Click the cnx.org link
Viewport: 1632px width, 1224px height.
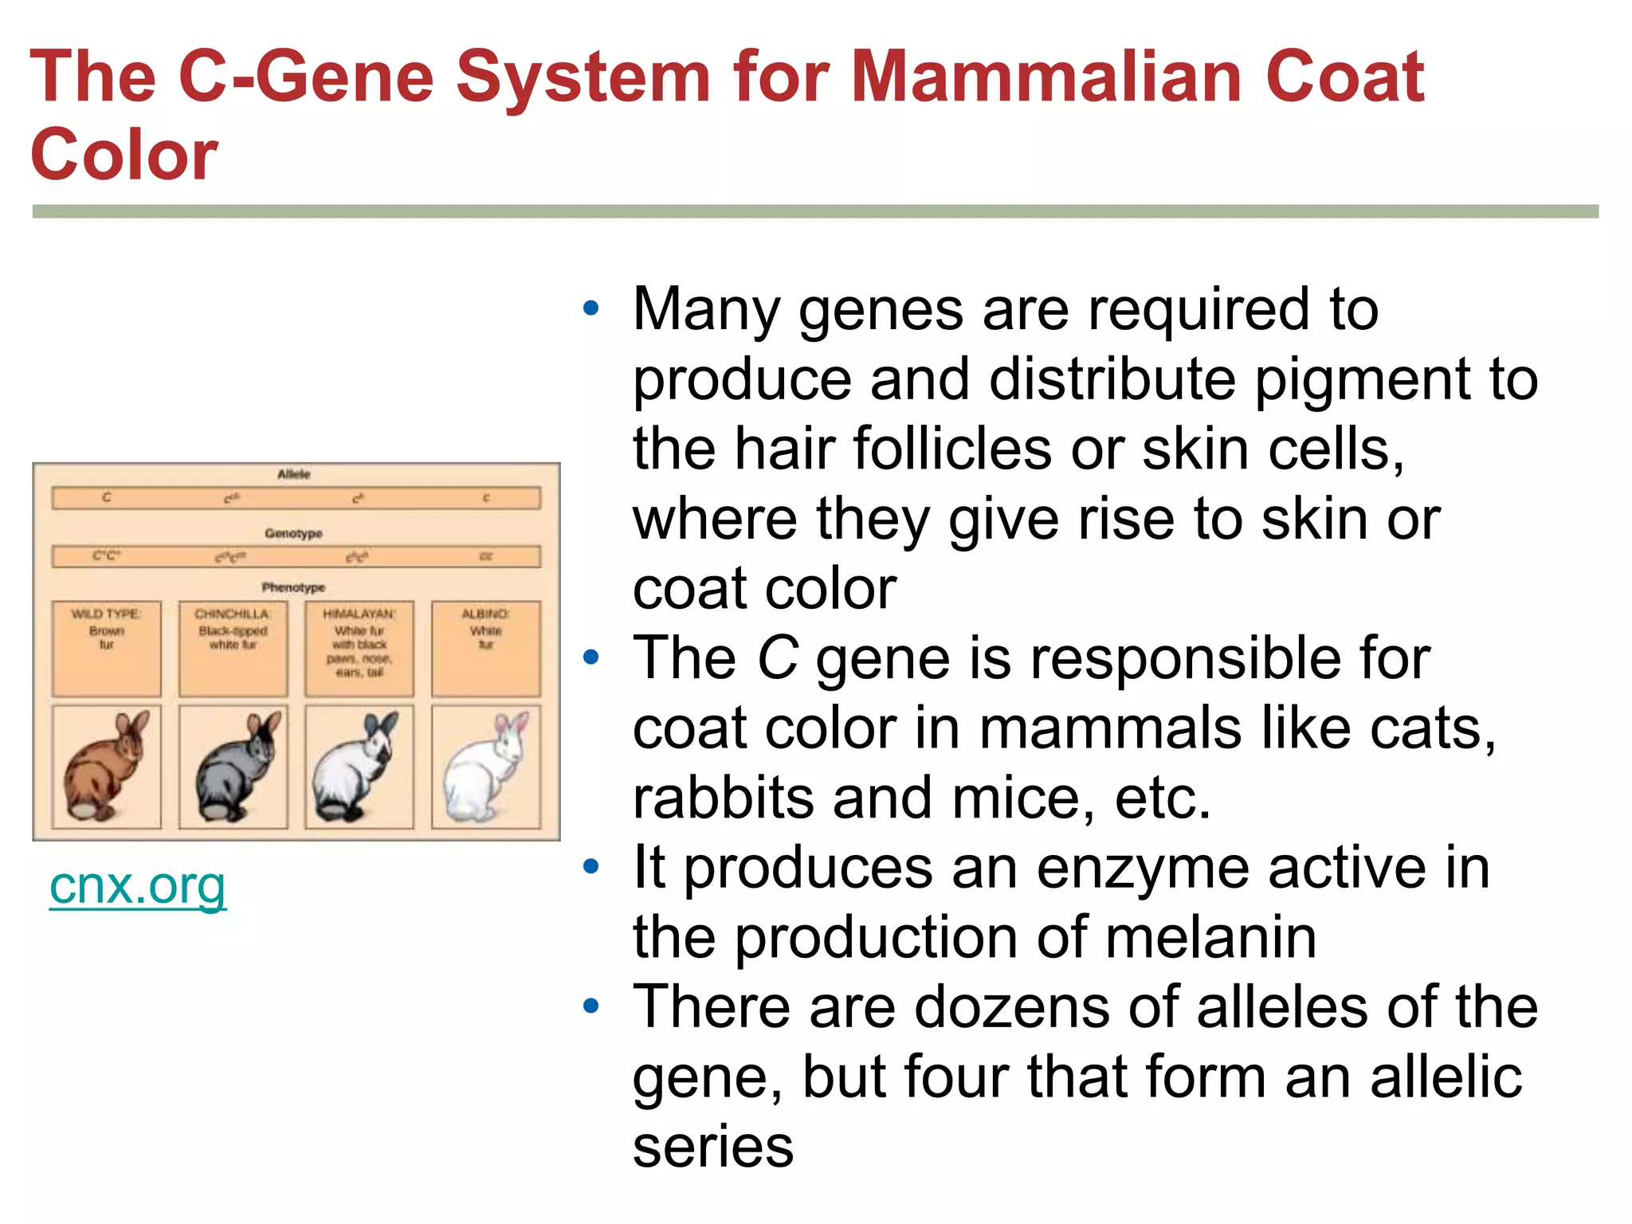click(x=137, y=886)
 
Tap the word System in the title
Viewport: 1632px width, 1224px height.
click(x=583, y=77)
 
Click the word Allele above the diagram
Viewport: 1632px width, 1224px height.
click(x=293, y=474)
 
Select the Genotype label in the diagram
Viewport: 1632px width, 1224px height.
click(x=293, y=533)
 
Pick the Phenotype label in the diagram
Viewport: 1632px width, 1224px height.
click(x=293, y=587)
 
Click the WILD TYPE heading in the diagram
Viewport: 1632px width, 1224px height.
click(x=106, y=614)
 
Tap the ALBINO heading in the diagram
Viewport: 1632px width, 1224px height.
click(x=485, y=614)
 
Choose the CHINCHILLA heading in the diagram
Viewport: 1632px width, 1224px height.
click(x=233, y=614)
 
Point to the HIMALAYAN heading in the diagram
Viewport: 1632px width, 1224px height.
click(x=359, y=614)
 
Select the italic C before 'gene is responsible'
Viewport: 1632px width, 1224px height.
click(x=777, y=659)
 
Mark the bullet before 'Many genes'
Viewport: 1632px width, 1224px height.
click(x=590, y=308)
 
